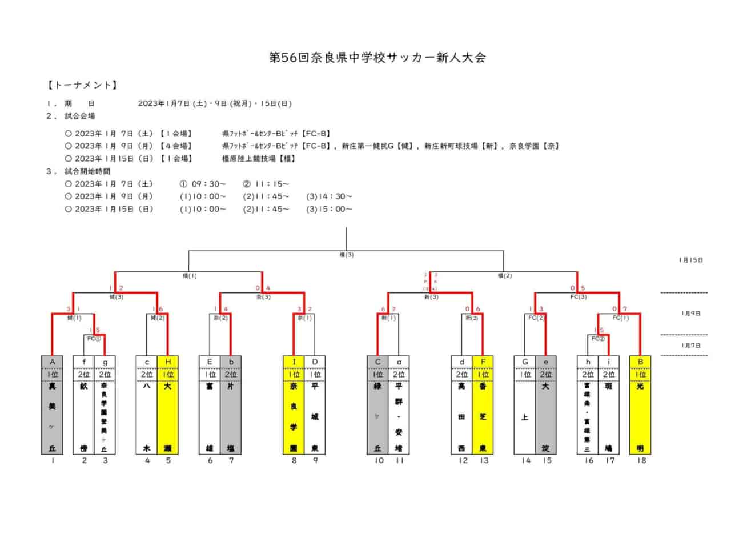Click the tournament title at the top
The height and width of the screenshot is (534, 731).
point(377,58)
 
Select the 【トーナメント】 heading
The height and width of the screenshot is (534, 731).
point(82,85)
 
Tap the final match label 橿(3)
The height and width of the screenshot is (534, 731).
point(347,255)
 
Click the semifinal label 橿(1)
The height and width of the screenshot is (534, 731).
point(190,275)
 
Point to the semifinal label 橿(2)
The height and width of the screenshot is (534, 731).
point(504,275)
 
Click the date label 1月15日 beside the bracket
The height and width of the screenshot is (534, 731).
point(690,260)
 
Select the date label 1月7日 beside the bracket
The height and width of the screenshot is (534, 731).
point(690,345)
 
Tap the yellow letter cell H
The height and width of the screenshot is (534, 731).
point(167,361)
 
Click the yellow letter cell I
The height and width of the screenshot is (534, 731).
point(294,361)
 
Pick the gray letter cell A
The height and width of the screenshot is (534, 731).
point(52,361)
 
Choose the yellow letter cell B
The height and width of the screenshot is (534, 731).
point(640,361)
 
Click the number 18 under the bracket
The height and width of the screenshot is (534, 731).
point(641,460)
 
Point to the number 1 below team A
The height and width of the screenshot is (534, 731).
point(52,460)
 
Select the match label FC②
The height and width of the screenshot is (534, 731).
point(599,338)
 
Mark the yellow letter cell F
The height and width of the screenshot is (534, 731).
point(483,361)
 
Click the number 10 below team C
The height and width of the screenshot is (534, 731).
point(378,460)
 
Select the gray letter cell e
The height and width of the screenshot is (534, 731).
point(546,361)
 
